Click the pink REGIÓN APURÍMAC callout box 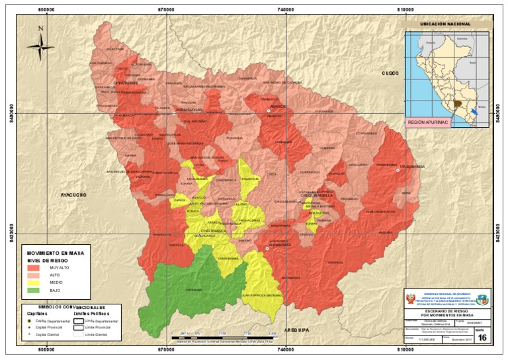click(429, 122)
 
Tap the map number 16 click(482, 338)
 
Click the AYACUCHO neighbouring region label click(74, 195)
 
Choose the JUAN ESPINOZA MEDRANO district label click(261, 294)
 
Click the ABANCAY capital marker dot click(269, 111)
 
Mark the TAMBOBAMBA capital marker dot click(398, 170)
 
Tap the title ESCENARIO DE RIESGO click(447, 310)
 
